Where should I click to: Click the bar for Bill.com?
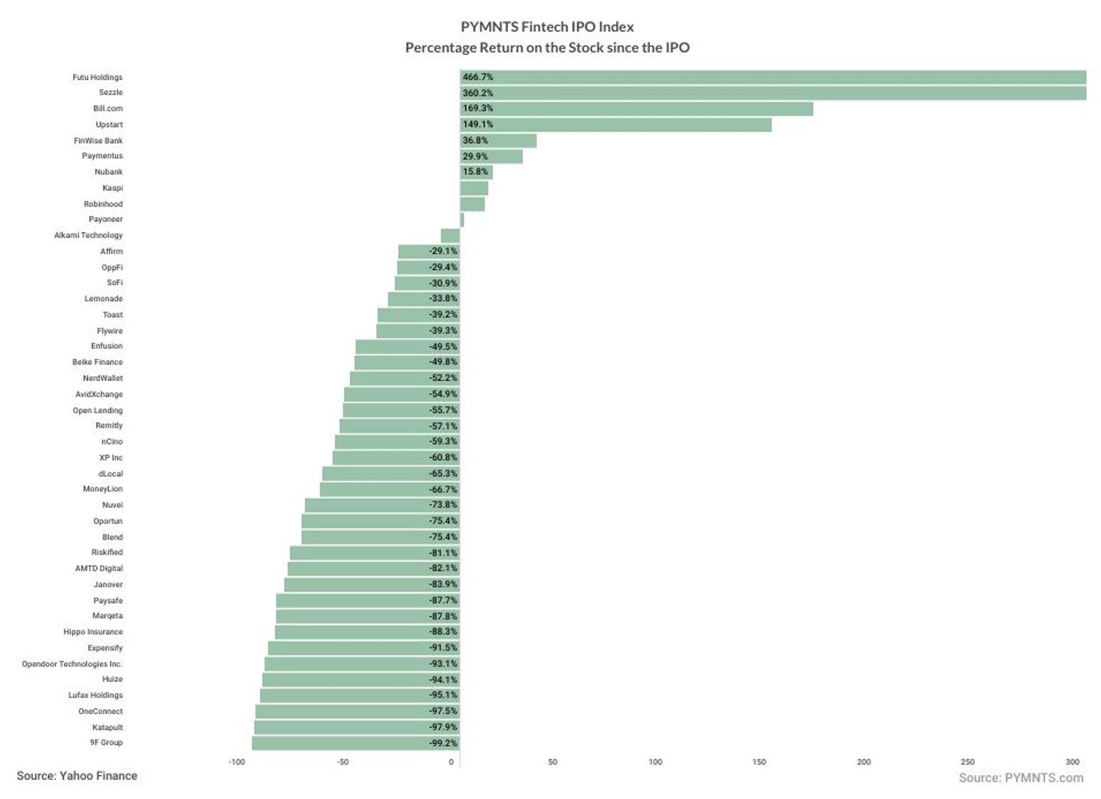[636, 109]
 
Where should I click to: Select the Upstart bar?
[616, 125]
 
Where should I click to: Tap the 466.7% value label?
[477, 77]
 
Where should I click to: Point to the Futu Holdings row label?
[97, 77]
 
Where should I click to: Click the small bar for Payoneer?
[462, 220]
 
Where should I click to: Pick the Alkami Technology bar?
[450, 236]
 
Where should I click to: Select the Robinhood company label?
[104, 204]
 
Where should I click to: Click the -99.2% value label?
[443, 743]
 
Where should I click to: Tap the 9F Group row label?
[106, 742]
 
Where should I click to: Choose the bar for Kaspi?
[475, 188]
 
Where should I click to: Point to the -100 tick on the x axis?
[236, 762]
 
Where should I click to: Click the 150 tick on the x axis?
[759, 762]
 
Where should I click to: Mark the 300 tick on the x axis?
[1073, 762]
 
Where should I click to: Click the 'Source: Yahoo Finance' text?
[77, 776]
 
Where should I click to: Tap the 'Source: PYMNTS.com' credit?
[1022, 778]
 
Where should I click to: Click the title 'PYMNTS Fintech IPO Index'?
[547, 26]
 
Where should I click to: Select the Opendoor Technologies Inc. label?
[72, 664]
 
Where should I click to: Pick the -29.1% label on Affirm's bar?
[443, 251]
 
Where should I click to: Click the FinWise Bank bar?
[499, 140]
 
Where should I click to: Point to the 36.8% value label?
[475, 140]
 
